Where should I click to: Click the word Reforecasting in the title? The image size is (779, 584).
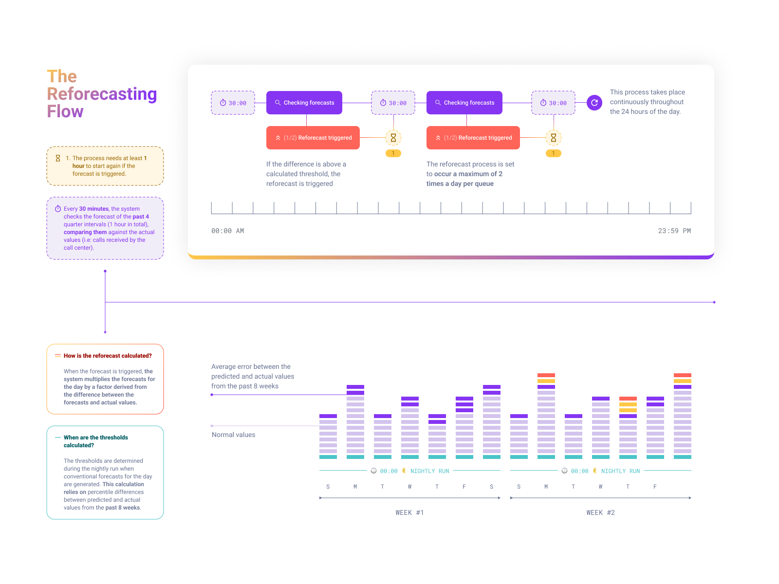(x=102, y=94)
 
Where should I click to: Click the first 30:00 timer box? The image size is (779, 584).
(x=233, y=103)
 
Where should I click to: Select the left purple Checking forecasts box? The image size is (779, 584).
(x=304, y=103)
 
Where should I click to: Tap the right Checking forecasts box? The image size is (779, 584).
(x=464, y=103)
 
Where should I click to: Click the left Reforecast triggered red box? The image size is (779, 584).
(x=313, y=138)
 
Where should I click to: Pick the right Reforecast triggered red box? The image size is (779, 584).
(x=473, y=138)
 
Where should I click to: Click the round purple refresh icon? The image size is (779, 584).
(x=594, y=103)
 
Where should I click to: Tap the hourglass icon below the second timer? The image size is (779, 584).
(x=393, y=138)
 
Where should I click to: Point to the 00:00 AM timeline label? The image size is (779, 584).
(x=227, y=231)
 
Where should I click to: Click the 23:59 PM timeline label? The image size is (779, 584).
(x=674, y=231)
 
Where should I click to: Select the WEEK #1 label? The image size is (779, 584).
(x=409, y=512)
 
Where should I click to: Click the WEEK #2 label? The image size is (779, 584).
(x=600, y=512)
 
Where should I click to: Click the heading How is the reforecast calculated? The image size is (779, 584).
(x=108, y=356)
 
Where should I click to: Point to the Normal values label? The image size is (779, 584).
(x=233, y=435)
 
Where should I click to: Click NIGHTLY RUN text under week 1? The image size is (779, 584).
(x=429, y=471)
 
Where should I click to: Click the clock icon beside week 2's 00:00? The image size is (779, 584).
(x=564, y=471)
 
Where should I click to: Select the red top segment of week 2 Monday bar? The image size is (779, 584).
(x=546, y=375)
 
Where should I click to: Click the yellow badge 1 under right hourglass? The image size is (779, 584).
(x=553, y=153)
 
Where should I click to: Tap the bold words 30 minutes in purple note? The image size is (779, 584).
(x=93, y=209)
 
